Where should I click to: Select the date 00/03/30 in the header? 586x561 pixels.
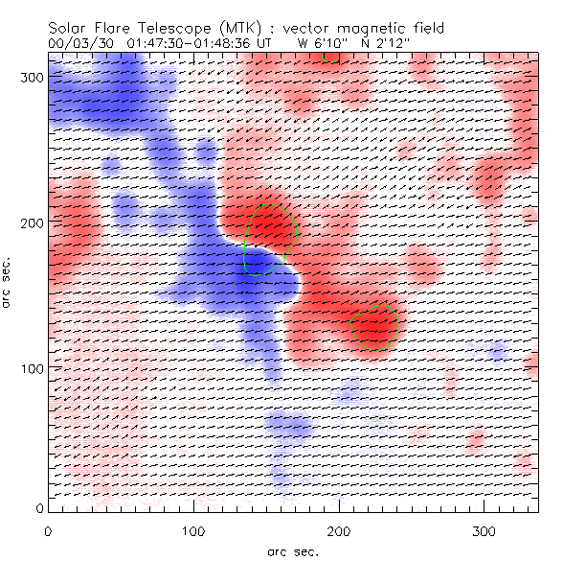(79, 44)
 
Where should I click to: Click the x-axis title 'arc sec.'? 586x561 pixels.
(293, 551)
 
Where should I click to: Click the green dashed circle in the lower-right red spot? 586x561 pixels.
(374, 327)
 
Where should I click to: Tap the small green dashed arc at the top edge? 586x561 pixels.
(330, 58)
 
